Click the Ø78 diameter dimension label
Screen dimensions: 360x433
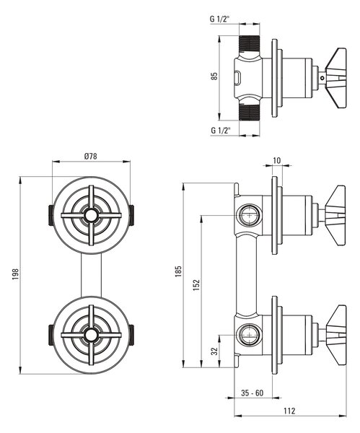(x=91, y=157)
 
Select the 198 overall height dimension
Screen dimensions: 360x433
(x=15, y=274)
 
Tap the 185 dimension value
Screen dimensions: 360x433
(x=178, y=271)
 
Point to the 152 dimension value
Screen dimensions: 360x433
(x=196, y=285)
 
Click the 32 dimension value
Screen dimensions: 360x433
(x=214, y=351)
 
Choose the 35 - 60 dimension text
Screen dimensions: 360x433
(x=252, y=393)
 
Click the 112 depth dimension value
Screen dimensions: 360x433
(x=289, y=411)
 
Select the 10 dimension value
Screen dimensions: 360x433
(x=276, y=160)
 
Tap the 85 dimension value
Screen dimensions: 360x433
(x=214, y=76)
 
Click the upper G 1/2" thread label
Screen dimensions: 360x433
(x=220, y=19)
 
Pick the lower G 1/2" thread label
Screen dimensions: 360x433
(x=221, y=130)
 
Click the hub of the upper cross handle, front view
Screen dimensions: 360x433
(x=91, y=215)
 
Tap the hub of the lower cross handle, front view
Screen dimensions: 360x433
(x=91, y=335)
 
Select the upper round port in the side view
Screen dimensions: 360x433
(x=250, y=215)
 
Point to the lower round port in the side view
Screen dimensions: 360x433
(x=250, y=335)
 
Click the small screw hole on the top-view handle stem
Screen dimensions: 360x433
(x=322, y=78)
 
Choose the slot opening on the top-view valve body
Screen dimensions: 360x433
(x=237, y=78)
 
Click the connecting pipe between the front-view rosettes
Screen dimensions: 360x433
(x=91, y=276)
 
